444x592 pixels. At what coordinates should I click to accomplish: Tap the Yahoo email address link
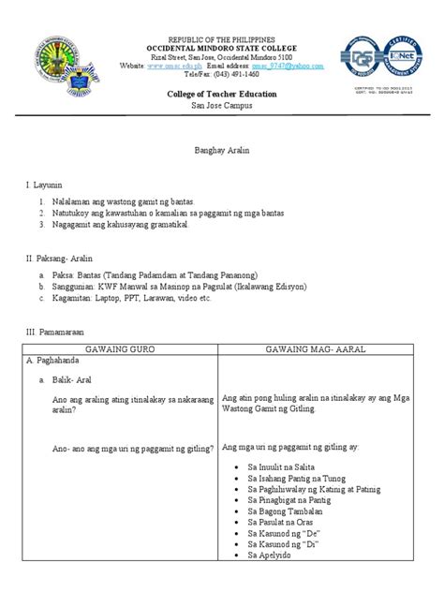(291, 67)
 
